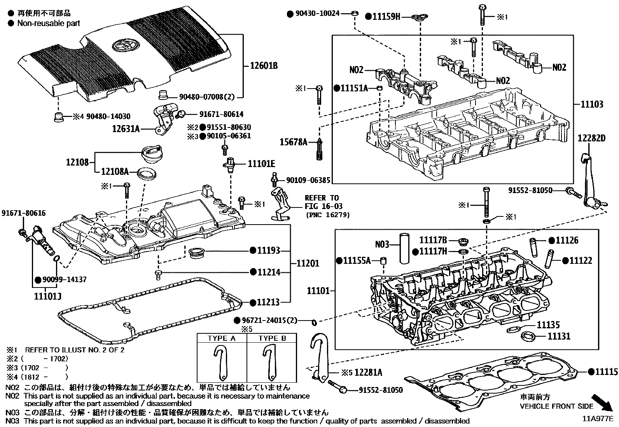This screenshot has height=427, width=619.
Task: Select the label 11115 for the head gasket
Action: [x=606, y=372]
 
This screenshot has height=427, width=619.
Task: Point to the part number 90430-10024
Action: [x=317, y=14]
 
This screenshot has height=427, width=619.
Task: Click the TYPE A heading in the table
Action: [x=222, y=338]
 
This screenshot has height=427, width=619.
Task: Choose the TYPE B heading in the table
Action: [x=272, y=338]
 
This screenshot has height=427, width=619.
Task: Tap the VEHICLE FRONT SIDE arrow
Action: [x=602, y=402]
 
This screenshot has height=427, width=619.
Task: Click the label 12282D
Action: [x=592, y=138]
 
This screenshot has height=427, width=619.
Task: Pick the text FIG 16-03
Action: [x=323, y=206]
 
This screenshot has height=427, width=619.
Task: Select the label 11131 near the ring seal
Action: [x=559, y=336]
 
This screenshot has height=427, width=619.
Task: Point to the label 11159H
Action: [x=386, y=16]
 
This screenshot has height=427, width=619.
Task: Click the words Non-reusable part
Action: [x=49, y=23]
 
